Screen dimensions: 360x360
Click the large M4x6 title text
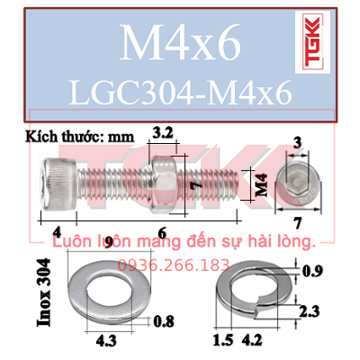[180, 42]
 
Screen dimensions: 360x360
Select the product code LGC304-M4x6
[180, 93]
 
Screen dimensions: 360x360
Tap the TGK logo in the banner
[312, 42]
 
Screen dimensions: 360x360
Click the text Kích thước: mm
[79, 137]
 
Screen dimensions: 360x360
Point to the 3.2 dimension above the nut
[163, 133]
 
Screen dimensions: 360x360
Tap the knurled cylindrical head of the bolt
[59, 184]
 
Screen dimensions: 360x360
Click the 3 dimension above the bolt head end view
[297, 143]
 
